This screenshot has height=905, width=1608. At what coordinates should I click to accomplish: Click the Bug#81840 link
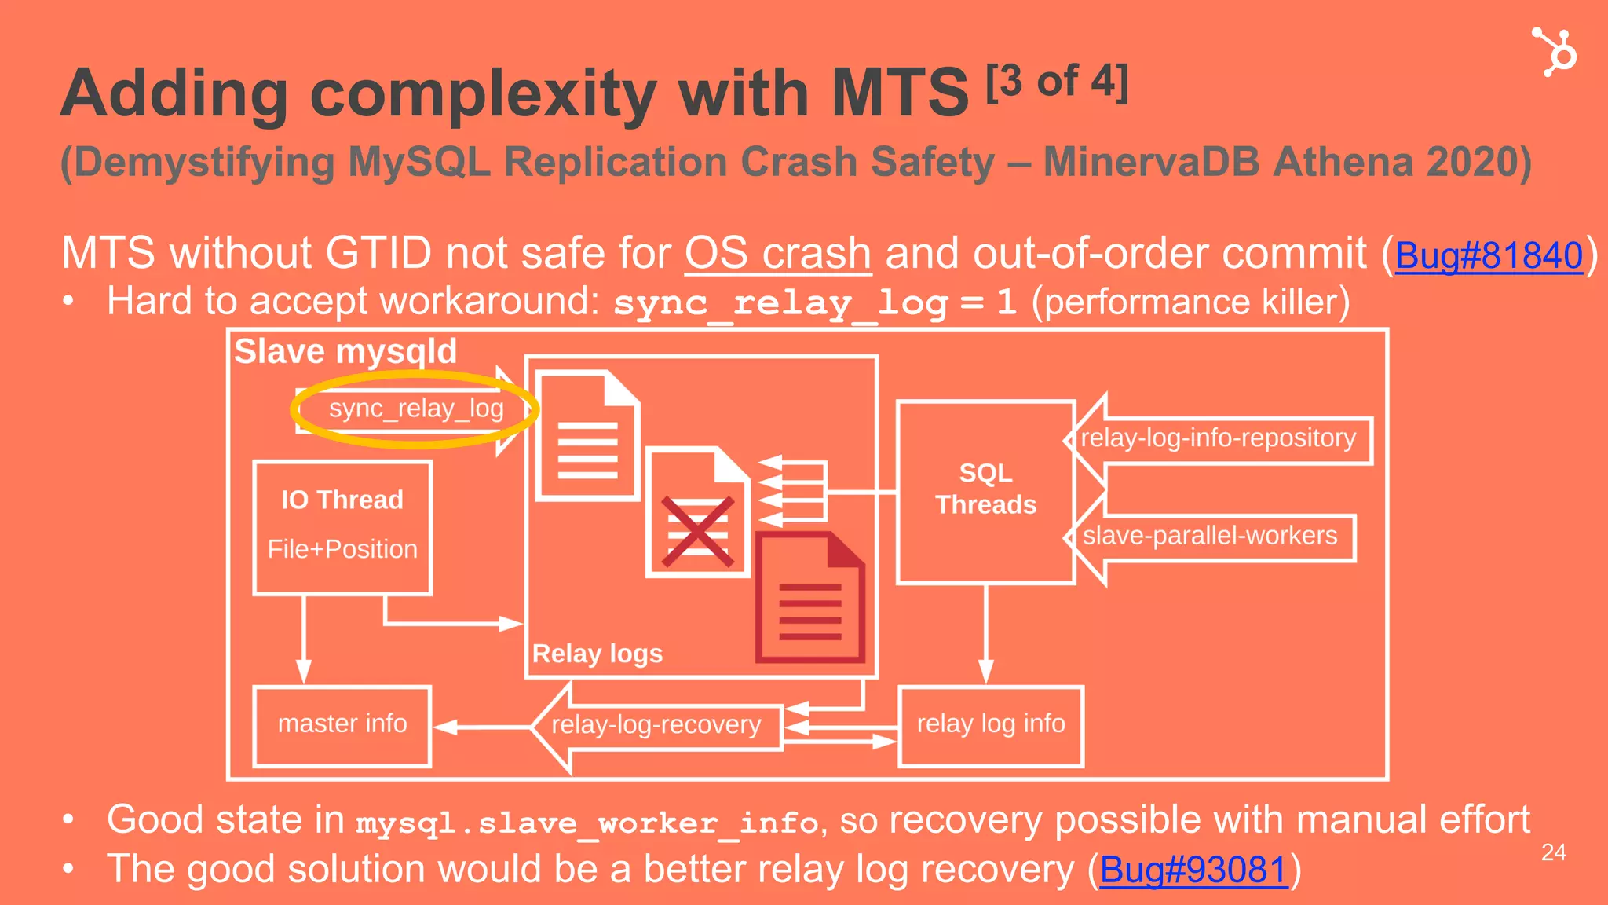[x=1489, y=255]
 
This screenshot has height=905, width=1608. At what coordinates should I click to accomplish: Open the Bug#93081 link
[x=1193, y=870]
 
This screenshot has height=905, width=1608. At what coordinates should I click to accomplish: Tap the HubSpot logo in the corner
[x=1554, y=52]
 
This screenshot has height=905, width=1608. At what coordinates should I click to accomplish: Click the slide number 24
[x=1553, y=852]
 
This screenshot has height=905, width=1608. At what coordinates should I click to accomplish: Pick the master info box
[x=342, y=724]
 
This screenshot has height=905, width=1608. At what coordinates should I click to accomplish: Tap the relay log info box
[x=990, y=724]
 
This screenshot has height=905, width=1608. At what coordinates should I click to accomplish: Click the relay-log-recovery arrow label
[x=656, y=725]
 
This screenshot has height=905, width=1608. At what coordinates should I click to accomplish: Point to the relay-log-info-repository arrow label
[x=1218, y=438]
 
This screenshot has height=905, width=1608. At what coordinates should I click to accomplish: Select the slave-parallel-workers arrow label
[x=1209, y=537]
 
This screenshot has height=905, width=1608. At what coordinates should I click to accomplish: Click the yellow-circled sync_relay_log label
[x=415, y=409]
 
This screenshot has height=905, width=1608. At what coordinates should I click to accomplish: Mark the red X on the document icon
[x=697, y=532]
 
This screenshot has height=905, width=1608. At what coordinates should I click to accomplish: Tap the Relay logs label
[x=597, y=654]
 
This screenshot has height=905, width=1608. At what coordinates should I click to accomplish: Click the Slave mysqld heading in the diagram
[x=345, y=351]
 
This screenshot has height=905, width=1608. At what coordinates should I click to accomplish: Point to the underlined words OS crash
[x=777, y=255]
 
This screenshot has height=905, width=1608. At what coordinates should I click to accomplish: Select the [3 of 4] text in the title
[x=1057, y=82]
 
